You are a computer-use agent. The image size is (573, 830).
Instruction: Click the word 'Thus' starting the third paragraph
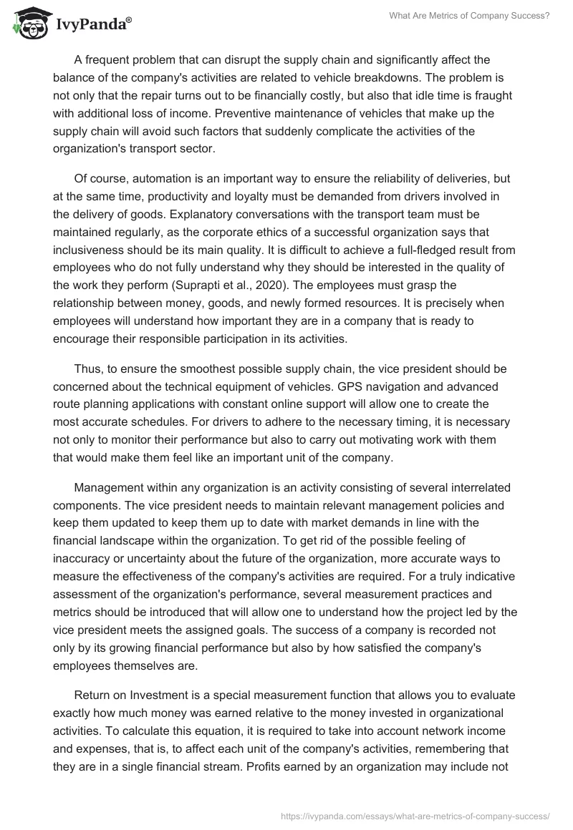coord(87,368)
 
